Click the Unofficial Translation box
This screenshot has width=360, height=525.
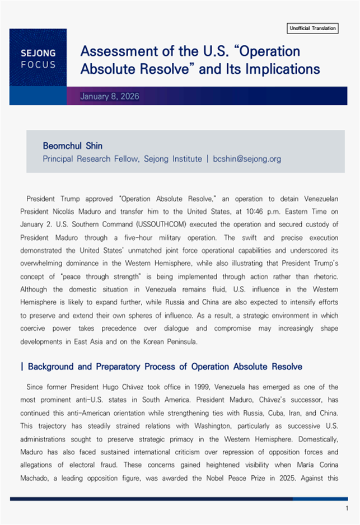click(312, 28)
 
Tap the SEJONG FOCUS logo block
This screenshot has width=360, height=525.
click(38, 58)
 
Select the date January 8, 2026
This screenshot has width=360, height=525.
click(110, 96)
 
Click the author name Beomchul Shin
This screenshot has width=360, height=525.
click(73, 146)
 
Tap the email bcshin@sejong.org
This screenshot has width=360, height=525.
click(247, 159)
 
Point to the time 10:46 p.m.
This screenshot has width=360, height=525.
click(264, 212)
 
